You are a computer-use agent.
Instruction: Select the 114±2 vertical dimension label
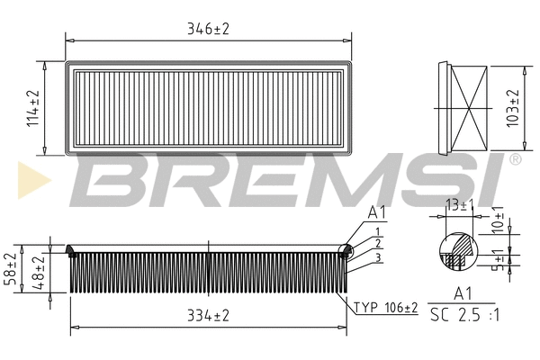(34, 108)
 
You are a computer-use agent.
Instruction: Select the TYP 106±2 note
(385, 308)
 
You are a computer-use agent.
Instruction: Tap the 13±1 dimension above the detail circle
(458, 207)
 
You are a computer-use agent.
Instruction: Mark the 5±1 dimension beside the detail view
(499, 263)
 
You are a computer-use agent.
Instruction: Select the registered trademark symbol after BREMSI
(515, 159)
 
